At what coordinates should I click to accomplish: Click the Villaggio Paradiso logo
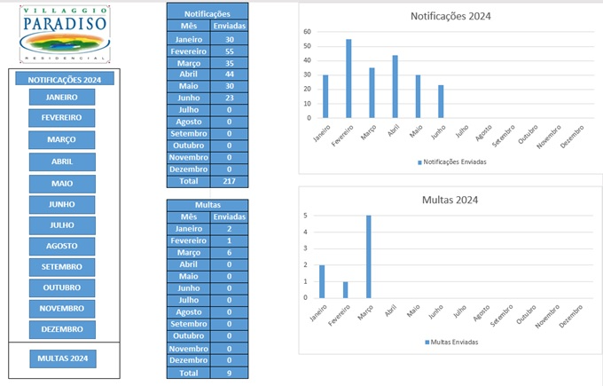(64, 33)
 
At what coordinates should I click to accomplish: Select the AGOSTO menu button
(62, 246)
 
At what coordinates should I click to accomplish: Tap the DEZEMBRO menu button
(62, 329)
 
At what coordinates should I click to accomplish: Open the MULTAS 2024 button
(62, 358)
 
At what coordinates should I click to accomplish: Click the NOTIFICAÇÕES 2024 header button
(64, 79)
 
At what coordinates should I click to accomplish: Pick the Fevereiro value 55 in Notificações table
(230, 52)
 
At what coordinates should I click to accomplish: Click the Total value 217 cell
(230, 180)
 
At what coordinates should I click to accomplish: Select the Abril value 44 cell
(230, 75)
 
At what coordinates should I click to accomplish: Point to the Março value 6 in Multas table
(230, 252)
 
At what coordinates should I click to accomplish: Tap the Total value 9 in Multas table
(230, 374)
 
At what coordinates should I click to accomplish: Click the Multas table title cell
(208, 205)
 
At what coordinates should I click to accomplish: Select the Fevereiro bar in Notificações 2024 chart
(348, 78)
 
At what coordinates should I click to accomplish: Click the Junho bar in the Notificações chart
(441, 101)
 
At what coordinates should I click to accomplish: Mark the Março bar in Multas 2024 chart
(368, 256)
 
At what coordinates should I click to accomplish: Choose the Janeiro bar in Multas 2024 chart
(322, 281)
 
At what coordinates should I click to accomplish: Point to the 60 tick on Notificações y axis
(307, 32)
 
